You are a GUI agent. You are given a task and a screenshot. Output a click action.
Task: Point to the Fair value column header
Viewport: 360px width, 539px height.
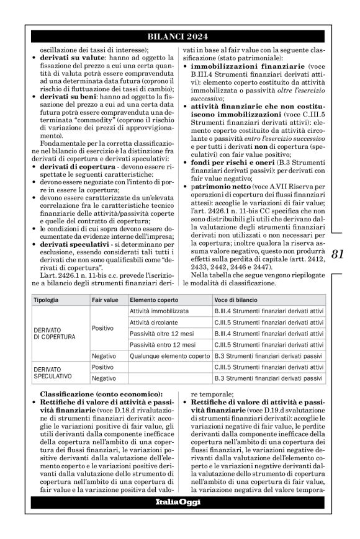[105, 300]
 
